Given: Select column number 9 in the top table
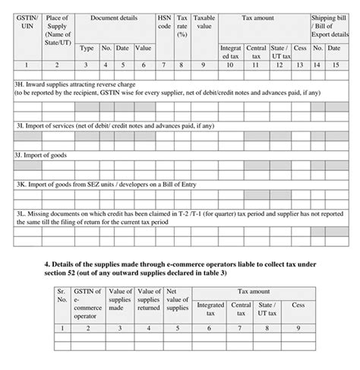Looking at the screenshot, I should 204,65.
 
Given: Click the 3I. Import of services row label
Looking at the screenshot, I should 114,125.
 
